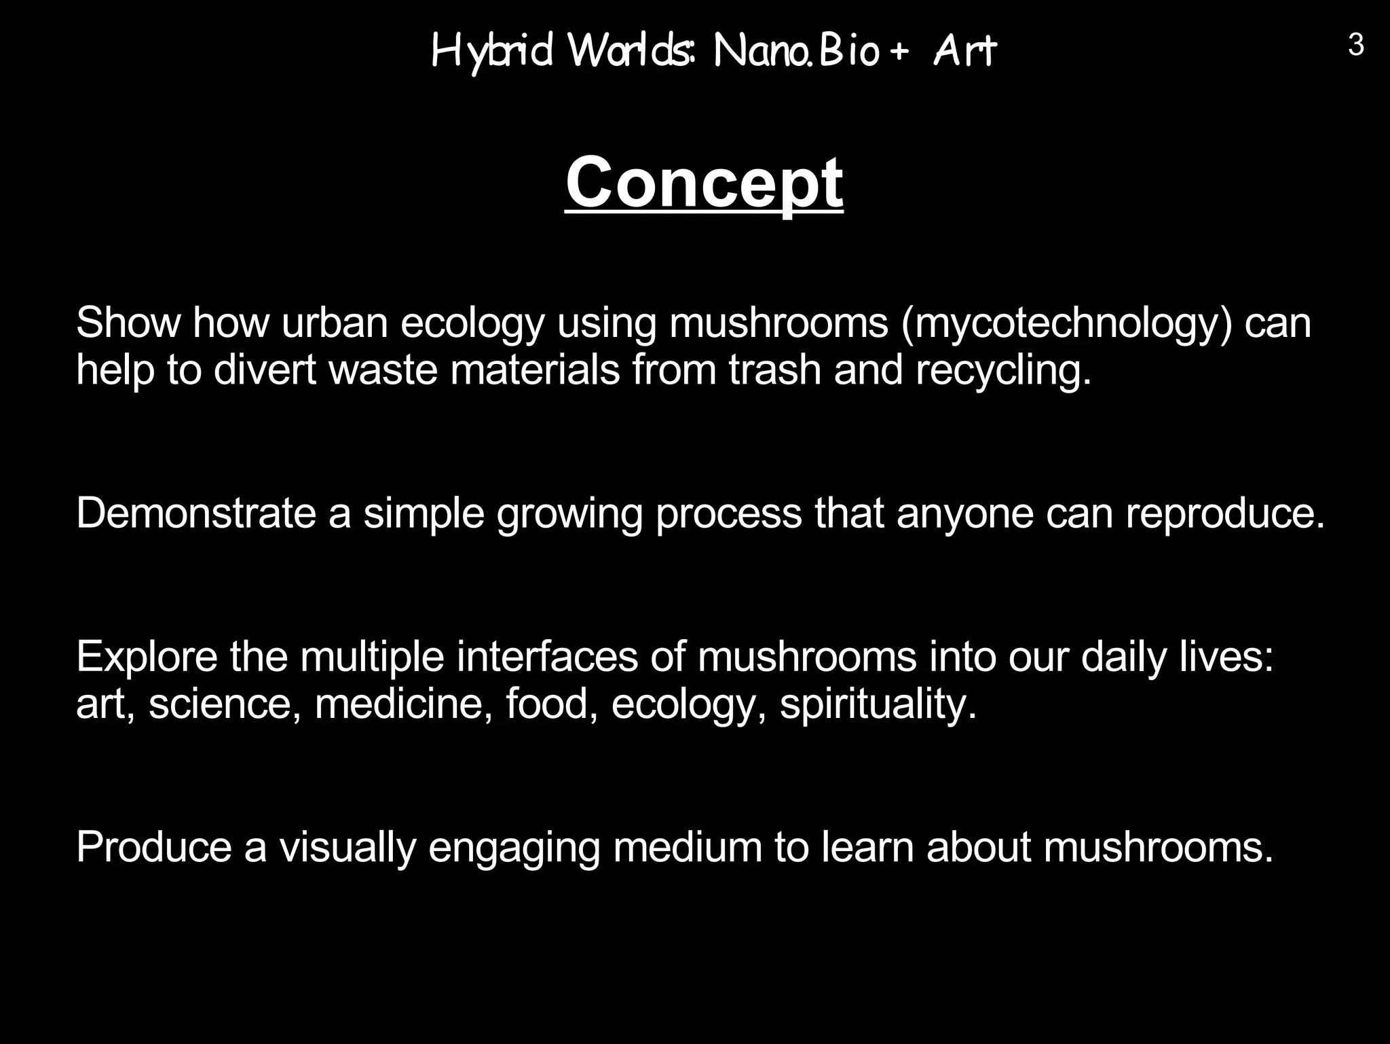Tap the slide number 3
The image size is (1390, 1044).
pyautogui.click(x=1355, y=46)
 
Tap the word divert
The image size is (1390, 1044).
pyautogui.click(x=265, y=370)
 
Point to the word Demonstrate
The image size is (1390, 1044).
pyautogui.click(x=196, y=513)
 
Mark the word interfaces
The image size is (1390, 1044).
pyautogui.click(x=547, y=657)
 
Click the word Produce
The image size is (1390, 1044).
pyautogui.click(x=154, y=847)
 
